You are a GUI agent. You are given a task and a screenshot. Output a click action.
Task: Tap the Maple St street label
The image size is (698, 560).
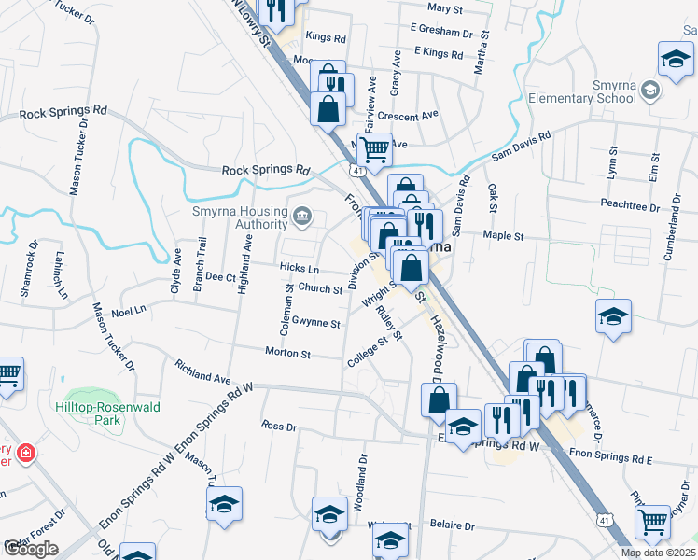point(504,237)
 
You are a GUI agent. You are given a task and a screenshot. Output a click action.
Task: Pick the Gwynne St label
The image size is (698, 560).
point(315,323)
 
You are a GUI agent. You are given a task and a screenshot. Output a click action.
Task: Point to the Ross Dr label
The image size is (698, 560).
point(278,426)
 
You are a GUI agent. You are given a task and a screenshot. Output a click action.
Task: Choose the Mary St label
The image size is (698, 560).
point(445,8)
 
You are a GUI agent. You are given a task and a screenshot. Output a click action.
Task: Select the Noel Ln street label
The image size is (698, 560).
point(129,309)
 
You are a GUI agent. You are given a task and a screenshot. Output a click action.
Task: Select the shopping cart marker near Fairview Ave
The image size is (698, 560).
point(374,147)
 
